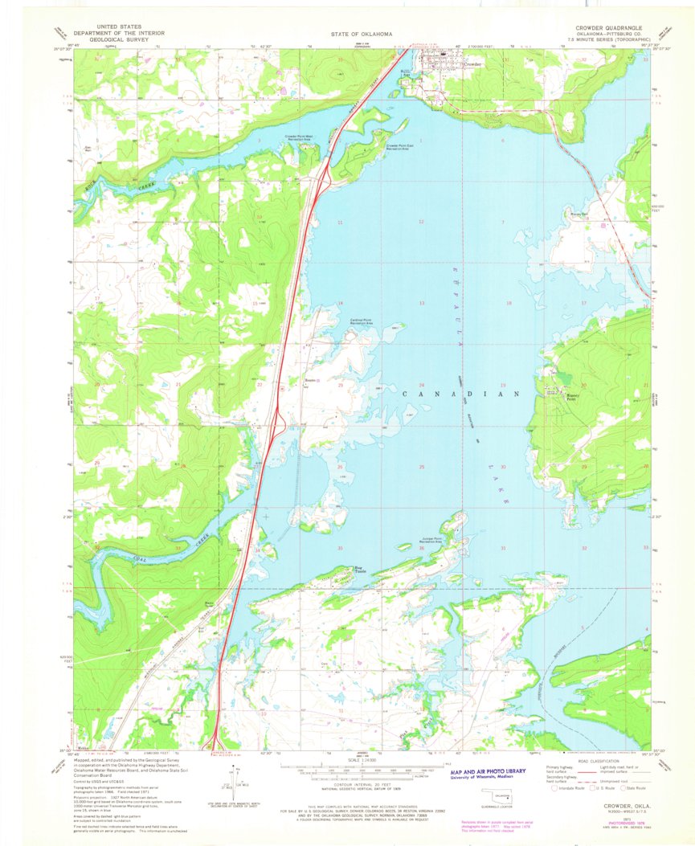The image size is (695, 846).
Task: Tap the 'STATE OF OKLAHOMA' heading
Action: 361,35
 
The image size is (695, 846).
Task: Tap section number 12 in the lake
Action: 420,222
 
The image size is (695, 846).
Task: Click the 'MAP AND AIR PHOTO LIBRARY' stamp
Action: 489,771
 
